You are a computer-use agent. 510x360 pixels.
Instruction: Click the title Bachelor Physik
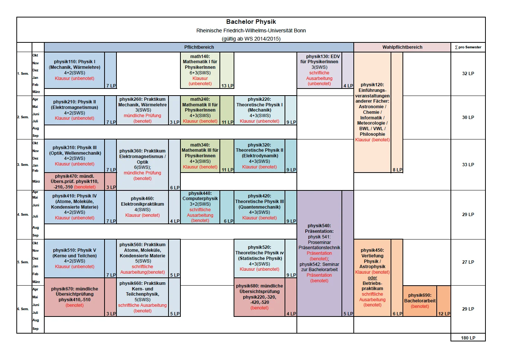pyautogui.click(x=251, y=22)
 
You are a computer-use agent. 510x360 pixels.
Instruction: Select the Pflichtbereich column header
pyautogui.click(x=199, y=47)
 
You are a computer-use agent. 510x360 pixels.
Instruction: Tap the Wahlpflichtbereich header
pyautogui.click(x=402, y=47)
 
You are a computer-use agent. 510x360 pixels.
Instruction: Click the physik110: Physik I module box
pyautogui.click(x=74, y=70)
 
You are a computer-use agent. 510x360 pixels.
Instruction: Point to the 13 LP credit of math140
pyautogui.click(x=227, y=86)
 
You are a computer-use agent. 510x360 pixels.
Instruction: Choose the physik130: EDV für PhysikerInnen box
pyautogui.click(x=319, y=70)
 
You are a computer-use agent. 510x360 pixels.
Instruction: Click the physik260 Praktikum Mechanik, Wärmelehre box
pyautogui.click(x=142, y=110)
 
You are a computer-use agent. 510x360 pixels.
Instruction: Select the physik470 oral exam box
pyautogui.click(x=74, y=181)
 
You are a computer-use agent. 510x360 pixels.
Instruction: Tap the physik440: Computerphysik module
pyautogui.click(x=200, y=207)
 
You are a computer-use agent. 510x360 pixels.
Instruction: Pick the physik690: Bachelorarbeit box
pyautogui.click(x=420, y=301)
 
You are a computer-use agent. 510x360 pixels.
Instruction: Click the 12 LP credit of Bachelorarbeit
pyautogui.click(x=444, y=314)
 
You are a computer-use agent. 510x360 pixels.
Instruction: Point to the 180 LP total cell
pyautogui.click(x=468, y=338)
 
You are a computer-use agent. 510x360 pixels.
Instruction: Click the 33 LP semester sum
pyautogui.click(x=468, y=165)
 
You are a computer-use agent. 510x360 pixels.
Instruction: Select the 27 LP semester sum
pyautogui.click(x=468, y=262)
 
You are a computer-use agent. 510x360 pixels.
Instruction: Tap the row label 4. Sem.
pyautogui.click(x=23, y=215)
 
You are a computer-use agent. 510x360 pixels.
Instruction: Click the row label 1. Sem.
pyautogui.click(x=23, y=74)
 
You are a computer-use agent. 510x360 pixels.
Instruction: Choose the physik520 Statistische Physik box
pyautogui.click(x=259, y=258)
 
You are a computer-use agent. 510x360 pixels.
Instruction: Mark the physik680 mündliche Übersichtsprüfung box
pyautogui.click(x=259, y=297)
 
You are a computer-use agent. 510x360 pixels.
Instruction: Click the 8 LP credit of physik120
pyautogui.click(x=397, y=170)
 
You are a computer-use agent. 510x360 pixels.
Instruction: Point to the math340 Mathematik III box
pyautogui.click(x=200, y=156)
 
